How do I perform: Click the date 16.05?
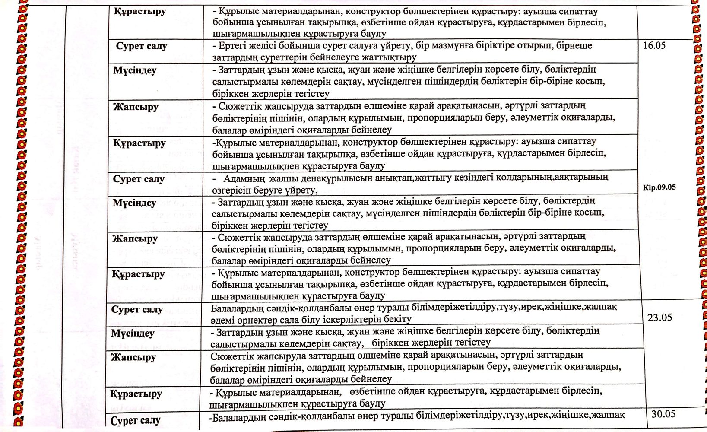click(654, 45)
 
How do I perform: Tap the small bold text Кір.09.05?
click(659, 187)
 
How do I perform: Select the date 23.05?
click(659, 318)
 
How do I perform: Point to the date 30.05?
click(663, 414)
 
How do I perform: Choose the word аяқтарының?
click(581, 177)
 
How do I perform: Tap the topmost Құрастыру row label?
click(140, 12)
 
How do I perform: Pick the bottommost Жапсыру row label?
click(133, 358)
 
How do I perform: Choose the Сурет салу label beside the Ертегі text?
click(141, 46)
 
